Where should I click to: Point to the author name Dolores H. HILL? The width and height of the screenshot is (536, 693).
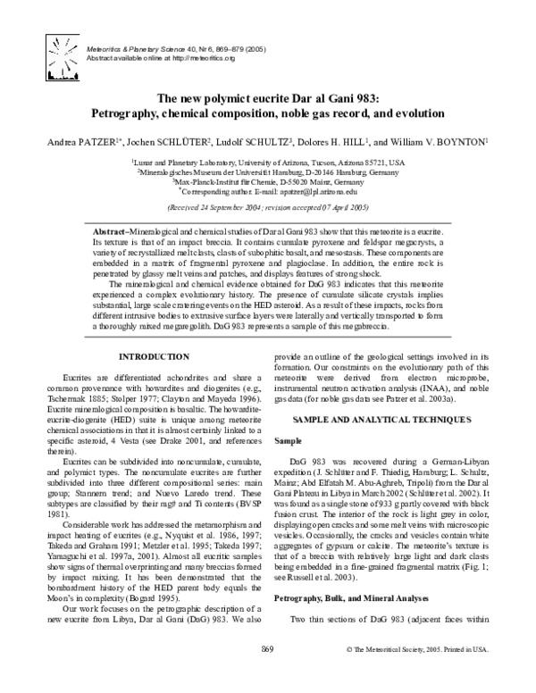[x=333, y=141]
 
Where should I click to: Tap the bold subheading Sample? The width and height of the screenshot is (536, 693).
[x=287, y=440]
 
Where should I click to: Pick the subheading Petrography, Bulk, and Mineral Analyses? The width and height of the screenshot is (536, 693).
[x=351, y=615]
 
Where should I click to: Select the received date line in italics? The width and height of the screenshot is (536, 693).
[x=267, y=205]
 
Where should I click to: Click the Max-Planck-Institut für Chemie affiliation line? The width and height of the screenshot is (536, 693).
[x=268, y=181]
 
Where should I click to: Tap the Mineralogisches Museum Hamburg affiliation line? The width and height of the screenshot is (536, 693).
[x=268, y=171]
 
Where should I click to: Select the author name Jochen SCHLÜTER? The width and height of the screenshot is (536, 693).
[x=163, y=141]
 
